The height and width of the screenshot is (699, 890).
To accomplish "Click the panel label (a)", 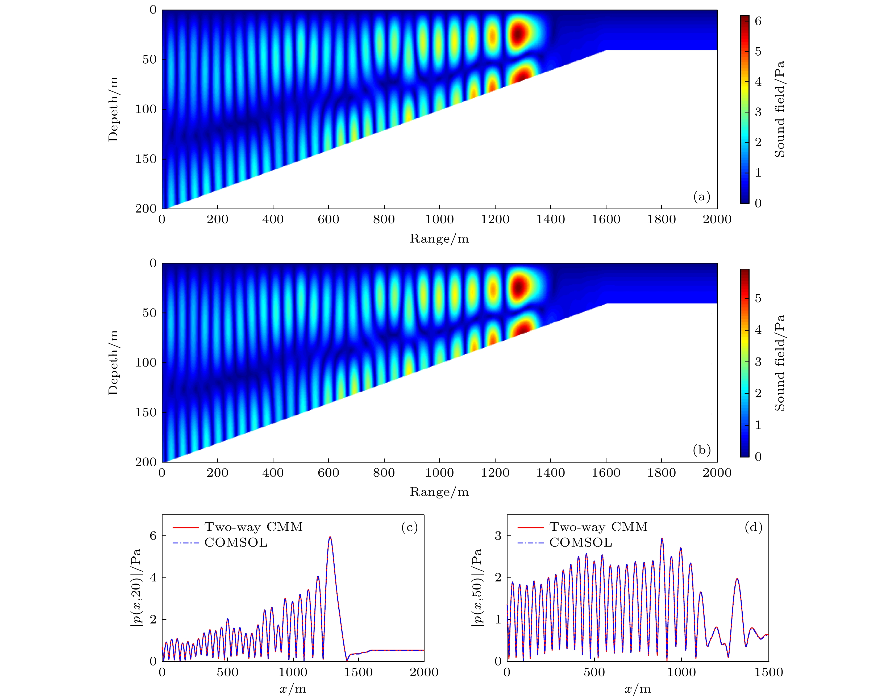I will (x=701, y=197).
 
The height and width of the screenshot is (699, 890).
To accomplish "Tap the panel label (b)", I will (x=701, y=450).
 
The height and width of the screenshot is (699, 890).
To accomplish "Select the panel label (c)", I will (x=409, y=527).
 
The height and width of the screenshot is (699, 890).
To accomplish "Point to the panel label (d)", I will (x=754, y=527).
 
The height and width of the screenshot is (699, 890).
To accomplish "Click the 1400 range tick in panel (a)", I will (x=550, y=219).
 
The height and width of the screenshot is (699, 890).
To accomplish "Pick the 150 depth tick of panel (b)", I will (x=146, y=412).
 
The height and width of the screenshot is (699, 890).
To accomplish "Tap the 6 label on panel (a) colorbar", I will (x=758, y=21).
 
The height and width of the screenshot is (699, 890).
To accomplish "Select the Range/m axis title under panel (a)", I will (x=439, y=239).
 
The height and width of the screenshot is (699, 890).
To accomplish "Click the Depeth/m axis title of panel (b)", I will (x=113, y=363).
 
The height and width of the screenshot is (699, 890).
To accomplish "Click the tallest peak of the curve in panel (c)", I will (x=330, y=537).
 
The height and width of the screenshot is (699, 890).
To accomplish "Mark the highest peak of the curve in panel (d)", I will (x=662, y=539).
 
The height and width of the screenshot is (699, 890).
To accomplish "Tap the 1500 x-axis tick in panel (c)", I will (x=359, y=672).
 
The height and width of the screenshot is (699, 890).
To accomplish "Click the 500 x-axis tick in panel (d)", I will (x=594, y=672).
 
